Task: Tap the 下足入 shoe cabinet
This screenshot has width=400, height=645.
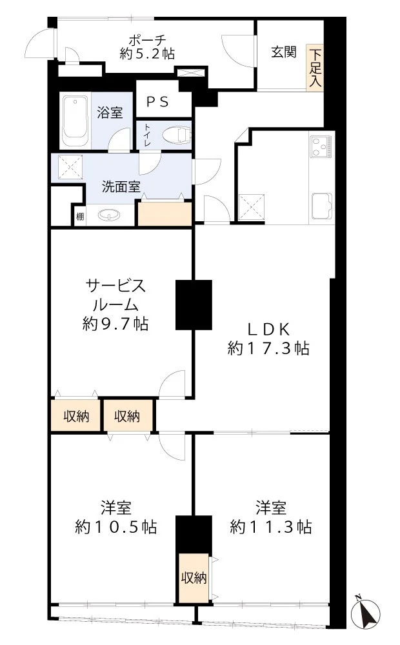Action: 315,68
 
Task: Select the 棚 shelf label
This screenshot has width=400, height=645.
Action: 79,217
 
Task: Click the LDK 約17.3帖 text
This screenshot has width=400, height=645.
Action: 268,339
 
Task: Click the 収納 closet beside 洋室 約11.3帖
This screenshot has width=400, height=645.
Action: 194,578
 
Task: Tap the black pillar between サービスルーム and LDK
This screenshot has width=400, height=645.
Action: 194,304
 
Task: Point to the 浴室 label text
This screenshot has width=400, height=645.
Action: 110,112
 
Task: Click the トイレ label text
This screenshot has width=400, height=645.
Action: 148,136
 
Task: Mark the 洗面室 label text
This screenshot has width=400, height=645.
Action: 121,187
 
